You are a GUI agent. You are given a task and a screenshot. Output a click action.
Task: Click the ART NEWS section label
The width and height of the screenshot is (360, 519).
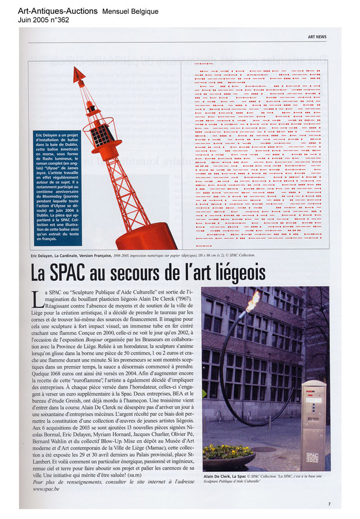[317, 36]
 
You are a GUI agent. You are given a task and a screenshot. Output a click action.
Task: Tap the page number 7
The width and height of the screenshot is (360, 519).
[329, 503]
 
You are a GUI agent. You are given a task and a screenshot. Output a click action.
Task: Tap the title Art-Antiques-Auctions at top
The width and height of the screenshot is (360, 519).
[58, 11]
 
